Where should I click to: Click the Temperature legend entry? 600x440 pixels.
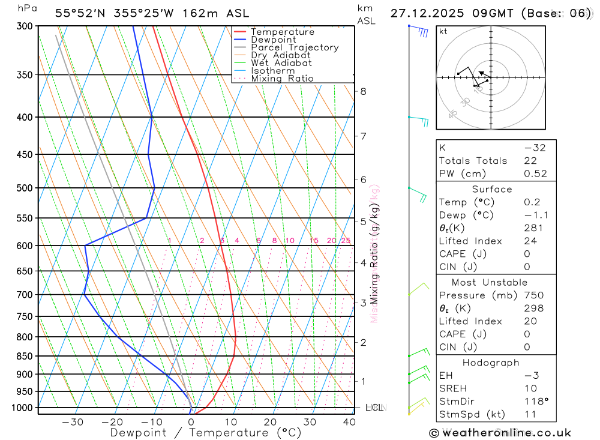(x=282, y=32)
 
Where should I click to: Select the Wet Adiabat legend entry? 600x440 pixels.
(x=281, y=63)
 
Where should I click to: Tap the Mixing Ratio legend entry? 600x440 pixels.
(x=282, y=79)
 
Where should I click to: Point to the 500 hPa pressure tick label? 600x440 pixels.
(x=24, y=188)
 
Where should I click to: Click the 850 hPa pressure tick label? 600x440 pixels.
(x=24, y=356)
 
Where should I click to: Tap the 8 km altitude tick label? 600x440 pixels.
(x=363, y=91)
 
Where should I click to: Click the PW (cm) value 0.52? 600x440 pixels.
(x=535, y=173)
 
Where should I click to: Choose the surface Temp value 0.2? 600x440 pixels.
(x=532, y=202)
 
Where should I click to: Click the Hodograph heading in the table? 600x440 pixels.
(x=491, y=363)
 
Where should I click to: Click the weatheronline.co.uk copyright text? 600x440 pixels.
(x=500, y=432)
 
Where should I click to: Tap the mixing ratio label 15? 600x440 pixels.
(x=314, y=241)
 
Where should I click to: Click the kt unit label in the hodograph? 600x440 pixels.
(x=443, y=31)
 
